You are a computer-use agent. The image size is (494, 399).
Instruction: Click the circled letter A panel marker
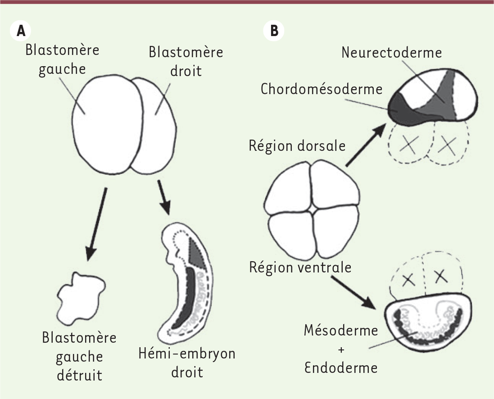21,31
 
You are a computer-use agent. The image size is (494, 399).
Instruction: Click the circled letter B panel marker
274,31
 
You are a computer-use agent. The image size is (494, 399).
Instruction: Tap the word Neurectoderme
391,53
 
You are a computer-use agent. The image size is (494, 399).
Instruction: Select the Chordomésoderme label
322,89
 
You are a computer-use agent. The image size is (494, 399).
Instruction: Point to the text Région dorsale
297,146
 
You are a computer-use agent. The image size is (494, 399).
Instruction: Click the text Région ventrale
300,267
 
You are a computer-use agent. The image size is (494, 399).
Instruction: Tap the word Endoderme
341,368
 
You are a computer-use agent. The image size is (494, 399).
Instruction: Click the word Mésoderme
341,330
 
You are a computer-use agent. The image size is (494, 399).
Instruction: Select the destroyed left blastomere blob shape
81,299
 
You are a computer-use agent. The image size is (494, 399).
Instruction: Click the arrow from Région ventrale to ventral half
353,292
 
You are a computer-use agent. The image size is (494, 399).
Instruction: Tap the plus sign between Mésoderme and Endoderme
341,350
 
